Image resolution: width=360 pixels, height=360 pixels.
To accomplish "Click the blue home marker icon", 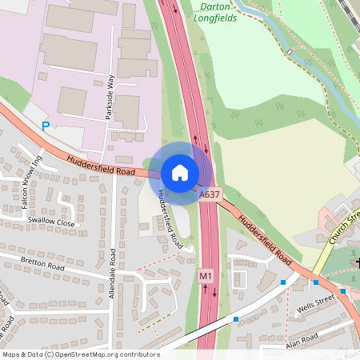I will tap(180, 173).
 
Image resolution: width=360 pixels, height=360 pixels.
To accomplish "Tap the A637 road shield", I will tap(209, 194).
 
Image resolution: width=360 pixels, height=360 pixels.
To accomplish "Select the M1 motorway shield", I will tap(205, 275).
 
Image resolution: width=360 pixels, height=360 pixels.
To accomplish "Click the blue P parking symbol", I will tap(46, 126).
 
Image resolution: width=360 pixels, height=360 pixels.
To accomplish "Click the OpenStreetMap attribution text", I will tap(80, 354).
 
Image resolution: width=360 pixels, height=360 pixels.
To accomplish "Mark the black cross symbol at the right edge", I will tap(357, 262).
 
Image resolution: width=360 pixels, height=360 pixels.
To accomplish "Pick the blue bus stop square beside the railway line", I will tap(236, 319).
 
